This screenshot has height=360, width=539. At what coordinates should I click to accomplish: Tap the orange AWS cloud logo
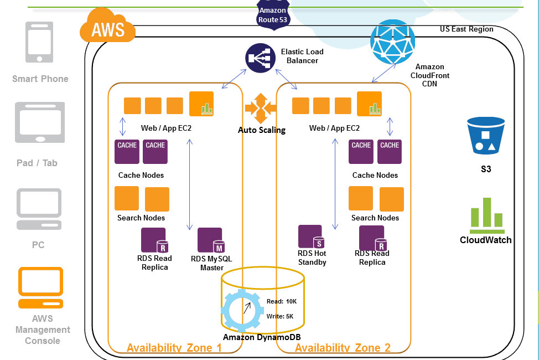(108, 28)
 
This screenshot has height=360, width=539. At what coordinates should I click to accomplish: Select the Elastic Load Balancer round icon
(260, 58)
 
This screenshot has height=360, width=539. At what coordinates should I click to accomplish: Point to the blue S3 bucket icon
(486, 136)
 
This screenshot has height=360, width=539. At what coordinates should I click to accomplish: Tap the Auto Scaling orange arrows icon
(260, 109)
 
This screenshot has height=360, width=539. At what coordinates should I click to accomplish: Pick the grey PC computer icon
(39, 209)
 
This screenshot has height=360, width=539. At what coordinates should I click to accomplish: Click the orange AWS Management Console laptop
(41, 287)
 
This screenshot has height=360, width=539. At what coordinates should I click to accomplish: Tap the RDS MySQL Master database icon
(211, 240)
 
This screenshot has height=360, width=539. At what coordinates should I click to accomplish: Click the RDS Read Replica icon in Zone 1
(154, 240)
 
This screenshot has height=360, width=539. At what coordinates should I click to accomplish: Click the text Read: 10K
(282, 301)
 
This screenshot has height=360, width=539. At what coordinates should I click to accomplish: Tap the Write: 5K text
(280, 316)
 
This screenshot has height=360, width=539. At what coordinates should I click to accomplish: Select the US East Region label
(466, 29)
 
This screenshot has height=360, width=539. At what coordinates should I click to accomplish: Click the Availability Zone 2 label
(343, 348)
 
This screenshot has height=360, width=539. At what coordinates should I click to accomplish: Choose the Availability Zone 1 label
(174, 348)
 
